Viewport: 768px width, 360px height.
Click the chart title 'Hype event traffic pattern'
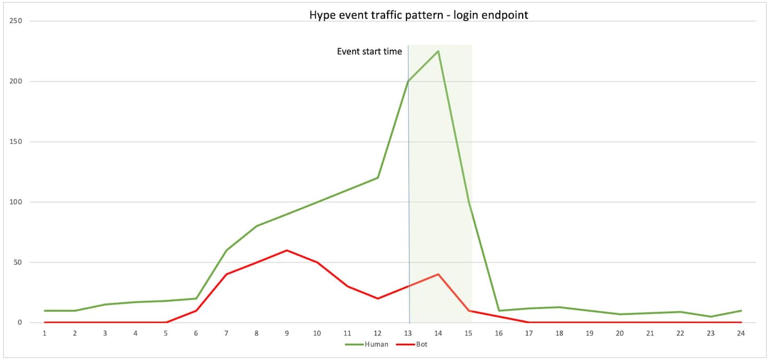tap(419, 15)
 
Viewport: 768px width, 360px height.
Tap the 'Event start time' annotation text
tap(369, 52)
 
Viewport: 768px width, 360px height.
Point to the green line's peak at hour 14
tap(438, 51)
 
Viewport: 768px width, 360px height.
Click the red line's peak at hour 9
tap(287, 250)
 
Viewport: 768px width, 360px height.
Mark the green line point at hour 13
tap(408, 82)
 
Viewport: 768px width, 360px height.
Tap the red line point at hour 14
tap(438, 274)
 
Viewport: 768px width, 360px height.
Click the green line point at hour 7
tap(226, 250)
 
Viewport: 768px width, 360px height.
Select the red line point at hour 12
tap(378, 298)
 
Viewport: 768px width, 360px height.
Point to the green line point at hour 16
tap(499, 310)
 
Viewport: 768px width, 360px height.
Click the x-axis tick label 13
tap(408, 333)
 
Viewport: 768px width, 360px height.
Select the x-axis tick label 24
tap(741, 333)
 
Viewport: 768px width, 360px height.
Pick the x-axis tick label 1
tap(44, 333)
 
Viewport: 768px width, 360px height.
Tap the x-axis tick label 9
tap(287, 333)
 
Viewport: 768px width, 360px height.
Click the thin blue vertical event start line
tap(409, 187)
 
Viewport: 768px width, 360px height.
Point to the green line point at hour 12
tap(378, 178)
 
